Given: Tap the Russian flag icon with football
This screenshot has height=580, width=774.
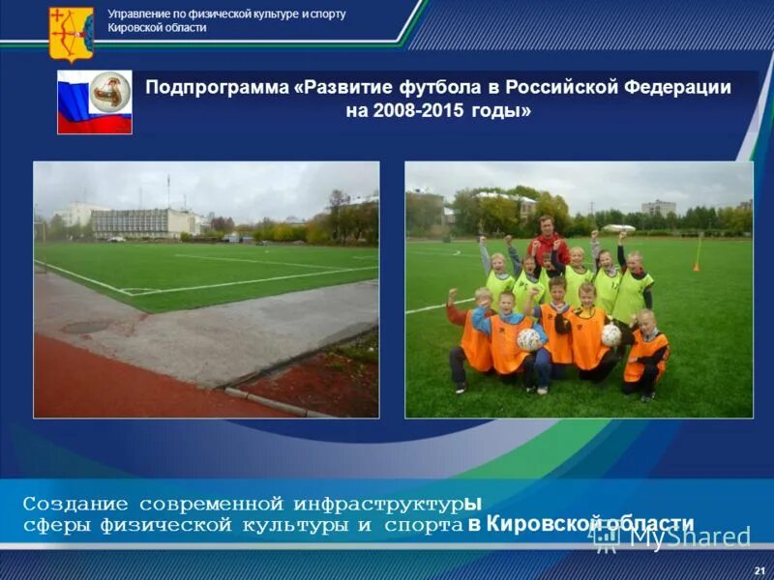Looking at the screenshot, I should click(94, 101).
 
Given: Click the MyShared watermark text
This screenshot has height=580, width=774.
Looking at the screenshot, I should click(689, 536).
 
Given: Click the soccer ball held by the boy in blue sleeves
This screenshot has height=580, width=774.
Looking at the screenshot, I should click(528, 338).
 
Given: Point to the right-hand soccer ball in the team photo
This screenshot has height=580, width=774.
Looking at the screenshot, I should click(610, 335).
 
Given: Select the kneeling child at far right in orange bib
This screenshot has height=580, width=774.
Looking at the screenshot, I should click(645, 353).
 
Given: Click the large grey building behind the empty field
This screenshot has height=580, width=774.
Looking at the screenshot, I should click(145, 222).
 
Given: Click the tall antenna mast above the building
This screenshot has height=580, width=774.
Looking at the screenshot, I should click(167, 190).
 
